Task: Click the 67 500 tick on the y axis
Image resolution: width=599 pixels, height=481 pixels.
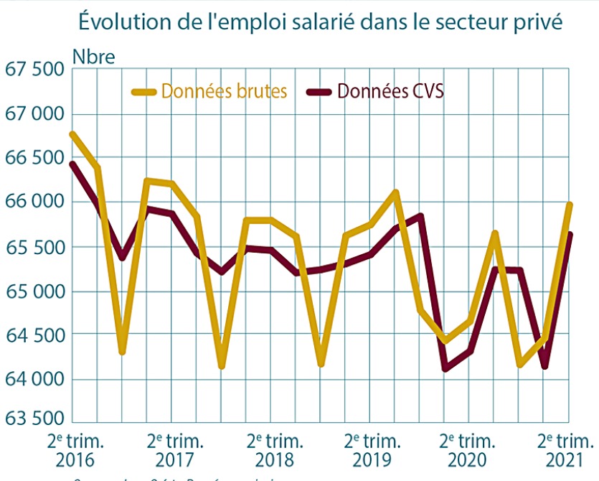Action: click(x=34, y=70)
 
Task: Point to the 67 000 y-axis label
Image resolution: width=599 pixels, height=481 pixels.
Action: click(x=34, y=114)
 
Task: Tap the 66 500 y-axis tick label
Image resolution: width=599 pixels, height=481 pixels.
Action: click(x=34, y=158)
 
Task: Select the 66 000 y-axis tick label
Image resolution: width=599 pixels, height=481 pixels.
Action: click(x=34, y=202)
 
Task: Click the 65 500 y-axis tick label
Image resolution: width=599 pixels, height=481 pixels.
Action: click(x=34, y=247)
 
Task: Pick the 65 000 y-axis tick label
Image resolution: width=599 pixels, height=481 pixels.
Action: click(x=34, y=291)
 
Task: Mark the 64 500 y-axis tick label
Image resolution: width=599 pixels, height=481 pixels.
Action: click(x=34, y=335)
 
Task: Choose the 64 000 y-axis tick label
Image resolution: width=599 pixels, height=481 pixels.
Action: click(x=34, y=380)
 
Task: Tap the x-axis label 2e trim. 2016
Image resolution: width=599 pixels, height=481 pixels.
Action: click(x=76, y=449)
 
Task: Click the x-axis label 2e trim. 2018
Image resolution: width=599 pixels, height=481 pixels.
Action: click(x=274, y=449)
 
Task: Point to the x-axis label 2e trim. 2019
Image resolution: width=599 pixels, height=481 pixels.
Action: click(x=372, y=449)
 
